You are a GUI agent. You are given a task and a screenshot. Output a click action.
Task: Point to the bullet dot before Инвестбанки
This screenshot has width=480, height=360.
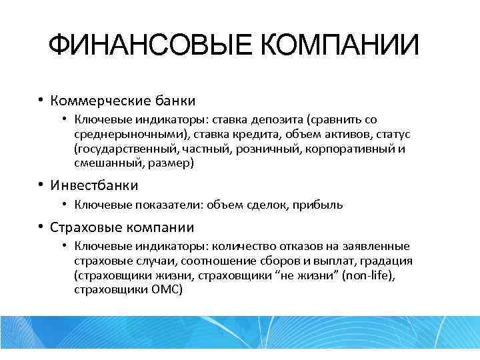coord(41,185)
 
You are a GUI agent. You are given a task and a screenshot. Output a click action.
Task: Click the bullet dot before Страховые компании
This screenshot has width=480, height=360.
coord(41,227)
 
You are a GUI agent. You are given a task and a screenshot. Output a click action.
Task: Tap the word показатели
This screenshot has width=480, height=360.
coord(161,205)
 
